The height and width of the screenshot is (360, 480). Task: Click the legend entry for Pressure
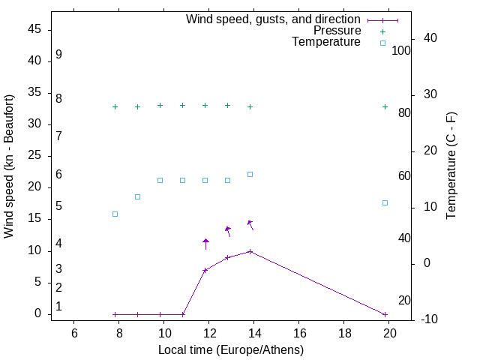click(x=337, y=31)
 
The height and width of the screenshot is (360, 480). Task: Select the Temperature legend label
click(x=326, y=42)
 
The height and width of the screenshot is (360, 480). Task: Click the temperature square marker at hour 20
click(x=385, y=202)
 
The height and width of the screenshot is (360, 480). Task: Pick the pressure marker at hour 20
click(x=385, y=106)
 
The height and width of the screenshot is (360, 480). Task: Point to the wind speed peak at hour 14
click(x=250, y=251)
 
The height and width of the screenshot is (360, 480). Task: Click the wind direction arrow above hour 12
click(x=205, y=243)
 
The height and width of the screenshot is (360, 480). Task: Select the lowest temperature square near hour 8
click(x=115, y=214)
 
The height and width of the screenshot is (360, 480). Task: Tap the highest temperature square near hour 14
click(x=250, y=174)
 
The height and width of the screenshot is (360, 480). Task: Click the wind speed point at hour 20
click(x=385, y=314)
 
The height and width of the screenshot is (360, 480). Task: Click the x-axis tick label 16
click(x=299, y=332)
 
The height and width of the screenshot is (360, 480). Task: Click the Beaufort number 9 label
click(x=58, y=55)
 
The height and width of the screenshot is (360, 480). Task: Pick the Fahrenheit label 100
click(x=401, y=50)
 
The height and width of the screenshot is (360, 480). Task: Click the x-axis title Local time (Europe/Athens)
click(x=231, y=349)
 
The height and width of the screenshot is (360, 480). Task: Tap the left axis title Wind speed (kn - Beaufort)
click(x=9, y=166)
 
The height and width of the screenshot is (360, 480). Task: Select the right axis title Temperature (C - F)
click(x=451, y=165)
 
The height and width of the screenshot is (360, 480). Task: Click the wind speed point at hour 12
click(x=205, y=270)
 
